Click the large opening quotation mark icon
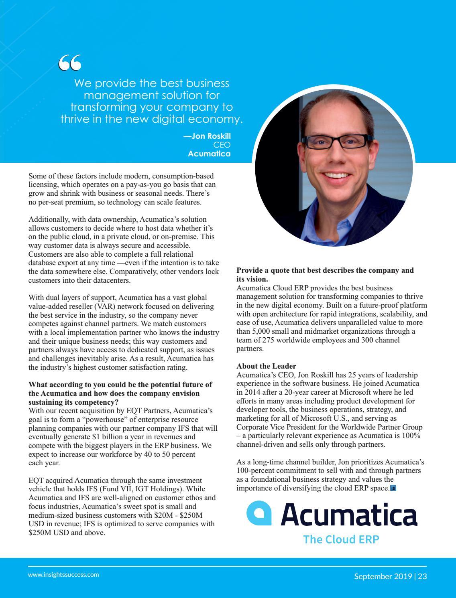[69, 63]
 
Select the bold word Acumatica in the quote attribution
[209, 154]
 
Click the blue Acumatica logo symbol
[259, 513]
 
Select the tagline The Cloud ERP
[341, 539]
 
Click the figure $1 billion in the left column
[106, 437]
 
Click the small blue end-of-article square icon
[393, 488]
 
